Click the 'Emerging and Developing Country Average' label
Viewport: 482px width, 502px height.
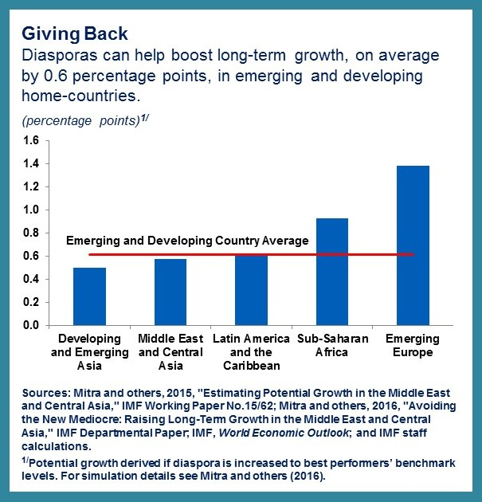click(186, 241)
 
